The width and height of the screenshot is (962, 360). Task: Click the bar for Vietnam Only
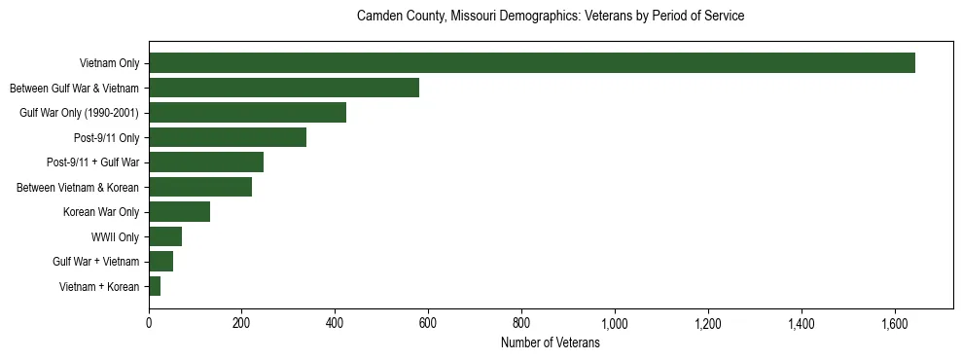pyautogui.click(x=532, y=63)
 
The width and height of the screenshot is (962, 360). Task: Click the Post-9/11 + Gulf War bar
pyautogui.click(x=206, y=162)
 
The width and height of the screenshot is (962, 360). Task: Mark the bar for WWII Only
pyautogui.click(x=165, y=236)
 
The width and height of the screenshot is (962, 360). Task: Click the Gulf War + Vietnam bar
pyautogui.click(x=160, y=261)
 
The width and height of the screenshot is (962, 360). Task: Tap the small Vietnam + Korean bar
pyautogui.click(x=155, y=286)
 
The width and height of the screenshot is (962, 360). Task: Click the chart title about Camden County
pyautogui.click(x=551, y=17)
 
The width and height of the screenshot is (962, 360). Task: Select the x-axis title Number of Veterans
pyautogui.click(x=550, y=343)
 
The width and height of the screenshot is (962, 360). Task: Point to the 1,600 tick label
pyautogui.click(x=894, y=323)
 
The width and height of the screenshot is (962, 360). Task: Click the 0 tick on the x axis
pyautogui.click(x=149, y=323)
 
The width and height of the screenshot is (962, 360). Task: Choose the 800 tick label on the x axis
pyautogui.click(x=521, y=323)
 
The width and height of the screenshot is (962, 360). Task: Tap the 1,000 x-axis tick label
pyautogui.click(x=615, y=323)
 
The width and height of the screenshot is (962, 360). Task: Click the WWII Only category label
pyautogui.click(x=115, y=236)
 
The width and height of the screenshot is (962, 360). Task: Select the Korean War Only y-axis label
pyautogui.click(x=101, y=211)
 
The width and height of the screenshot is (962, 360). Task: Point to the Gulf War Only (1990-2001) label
pyautogui.click(x=79, y=113)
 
